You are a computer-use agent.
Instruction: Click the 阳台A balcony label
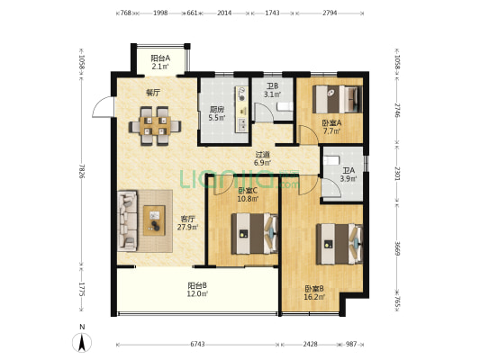coord(160,62)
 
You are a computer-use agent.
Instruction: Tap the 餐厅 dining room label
coord(153,93)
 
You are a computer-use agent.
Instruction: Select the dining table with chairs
coord(155,126)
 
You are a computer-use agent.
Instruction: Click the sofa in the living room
coord(127,220)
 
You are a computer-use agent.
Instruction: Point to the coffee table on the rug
coord(154,220)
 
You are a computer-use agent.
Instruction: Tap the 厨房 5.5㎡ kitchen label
coord(217,113)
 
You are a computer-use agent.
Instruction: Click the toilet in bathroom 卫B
coord(285,106)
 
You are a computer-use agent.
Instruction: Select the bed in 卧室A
coord(337,99)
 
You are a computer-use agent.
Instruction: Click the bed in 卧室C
coord(254,234)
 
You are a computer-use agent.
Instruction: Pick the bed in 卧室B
coord(340,244)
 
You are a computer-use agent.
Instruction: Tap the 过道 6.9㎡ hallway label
coord(262,158)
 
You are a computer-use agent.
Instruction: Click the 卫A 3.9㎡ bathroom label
coord(349,175)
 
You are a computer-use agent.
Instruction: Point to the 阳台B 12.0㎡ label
coord(197,290)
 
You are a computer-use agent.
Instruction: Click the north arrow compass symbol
coord(82,343)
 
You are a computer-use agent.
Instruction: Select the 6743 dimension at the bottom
coord(197,344)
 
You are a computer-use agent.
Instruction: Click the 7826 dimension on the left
coord(81,171)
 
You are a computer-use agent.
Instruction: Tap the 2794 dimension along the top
coord(330,13)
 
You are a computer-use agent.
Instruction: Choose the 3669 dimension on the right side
coord(397,248)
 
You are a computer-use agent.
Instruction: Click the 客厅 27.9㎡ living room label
coord(187,223)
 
